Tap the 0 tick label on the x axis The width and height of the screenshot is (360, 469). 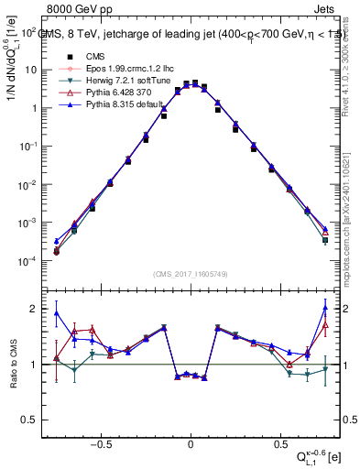[x=191, y=442]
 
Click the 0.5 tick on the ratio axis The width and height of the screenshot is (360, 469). [x=33, y=420]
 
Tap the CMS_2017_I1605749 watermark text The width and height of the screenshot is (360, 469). [x=191, y=274]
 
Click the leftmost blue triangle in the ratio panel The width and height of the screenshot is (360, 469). [x=57, y=313]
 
